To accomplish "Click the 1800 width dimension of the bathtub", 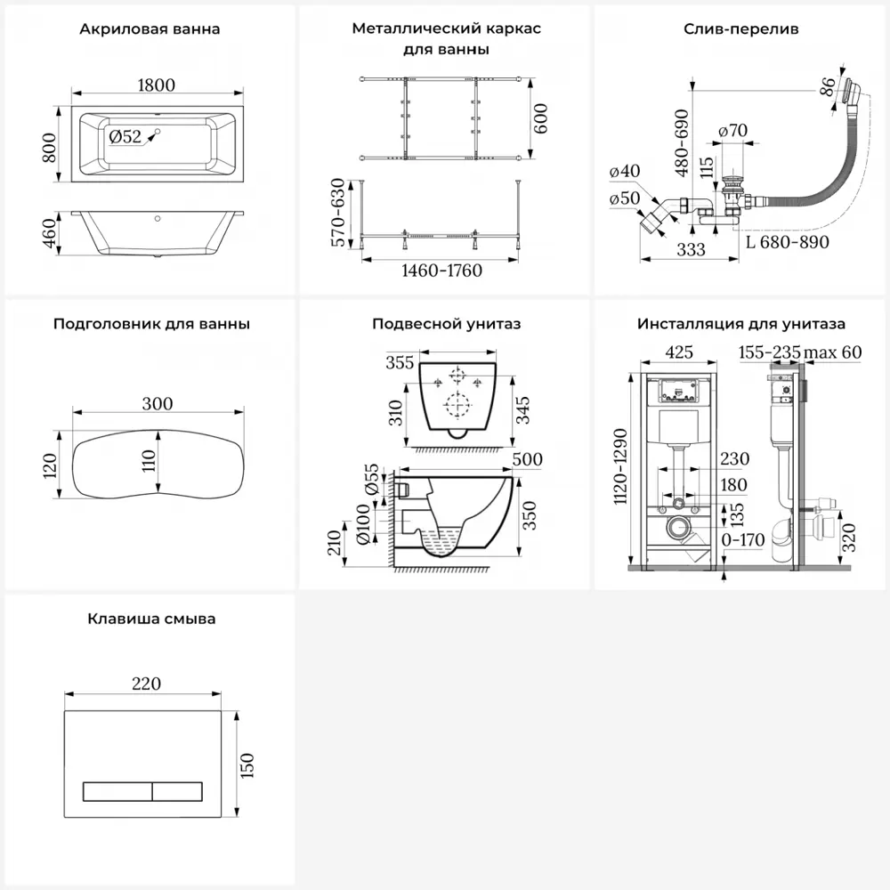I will [x=158, y=85].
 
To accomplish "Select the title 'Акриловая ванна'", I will [x=150, y=29].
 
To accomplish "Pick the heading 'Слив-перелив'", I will [x=740, y=29].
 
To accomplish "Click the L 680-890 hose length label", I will [x=787, y=242].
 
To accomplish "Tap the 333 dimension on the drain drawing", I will [x=691, y=250].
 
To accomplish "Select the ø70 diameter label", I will [x=732, y=131].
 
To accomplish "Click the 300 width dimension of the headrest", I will [x=158, y=403].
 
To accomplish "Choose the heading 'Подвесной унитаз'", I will [x=446, y=324].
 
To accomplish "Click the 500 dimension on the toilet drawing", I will [x=528, y=460].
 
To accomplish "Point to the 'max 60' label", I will [x=833, y=352].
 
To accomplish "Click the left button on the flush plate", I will [x=117, y=790].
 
